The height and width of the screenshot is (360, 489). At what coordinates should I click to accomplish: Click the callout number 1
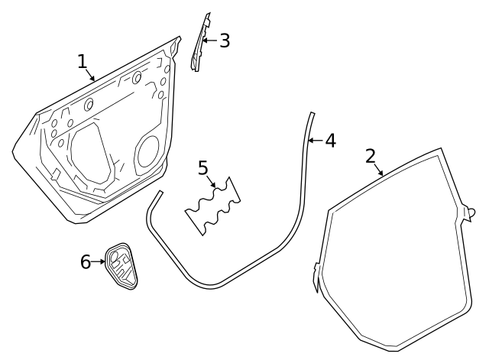coord(83,61)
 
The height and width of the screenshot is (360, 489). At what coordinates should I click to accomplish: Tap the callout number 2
coord(371,156)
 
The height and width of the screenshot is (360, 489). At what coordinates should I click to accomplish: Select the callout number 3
coord(224,41)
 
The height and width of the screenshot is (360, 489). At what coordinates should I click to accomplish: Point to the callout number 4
coord(329,141)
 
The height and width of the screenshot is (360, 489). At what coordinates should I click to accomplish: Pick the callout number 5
coord(203,167)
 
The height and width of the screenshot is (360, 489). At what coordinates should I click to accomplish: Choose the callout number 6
coord(86,262)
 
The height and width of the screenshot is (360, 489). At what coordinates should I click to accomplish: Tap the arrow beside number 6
coord(100,262)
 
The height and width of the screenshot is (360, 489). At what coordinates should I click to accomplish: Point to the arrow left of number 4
coord(315,141)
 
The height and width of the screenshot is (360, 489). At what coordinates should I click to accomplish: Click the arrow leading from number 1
coord(90,74)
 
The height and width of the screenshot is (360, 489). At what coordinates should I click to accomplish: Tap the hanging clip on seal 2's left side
coord(316,277)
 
